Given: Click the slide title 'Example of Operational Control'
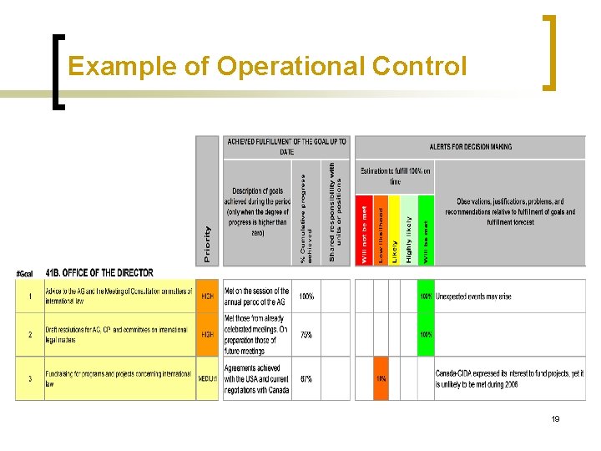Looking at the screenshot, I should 267,66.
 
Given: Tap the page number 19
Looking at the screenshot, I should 555,418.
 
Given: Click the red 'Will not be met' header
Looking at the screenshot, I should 364,231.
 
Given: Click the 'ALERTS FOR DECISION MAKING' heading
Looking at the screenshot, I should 471,146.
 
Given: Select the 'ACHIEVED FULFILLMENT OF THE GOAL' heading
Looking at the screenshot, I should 286,146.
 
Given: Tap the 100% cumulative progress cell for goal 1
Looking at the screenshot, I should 306,296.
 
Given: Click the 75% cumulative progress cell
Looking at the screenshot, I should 306,334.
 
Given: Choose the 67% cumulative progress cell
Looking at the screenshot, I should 306,379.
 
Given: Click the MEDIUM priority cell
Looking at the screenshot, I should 207,379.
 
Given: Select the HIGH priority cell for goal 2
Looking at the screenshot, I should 207,334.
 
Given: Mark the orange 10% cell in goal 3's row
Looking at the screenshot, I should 381,378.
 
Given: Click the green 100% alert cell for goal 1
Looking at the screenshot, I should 426,296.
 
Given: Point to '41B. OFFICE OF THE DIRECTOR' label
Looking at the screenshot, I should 99,273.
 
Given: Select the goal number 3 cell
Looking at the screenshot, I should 29,379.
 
